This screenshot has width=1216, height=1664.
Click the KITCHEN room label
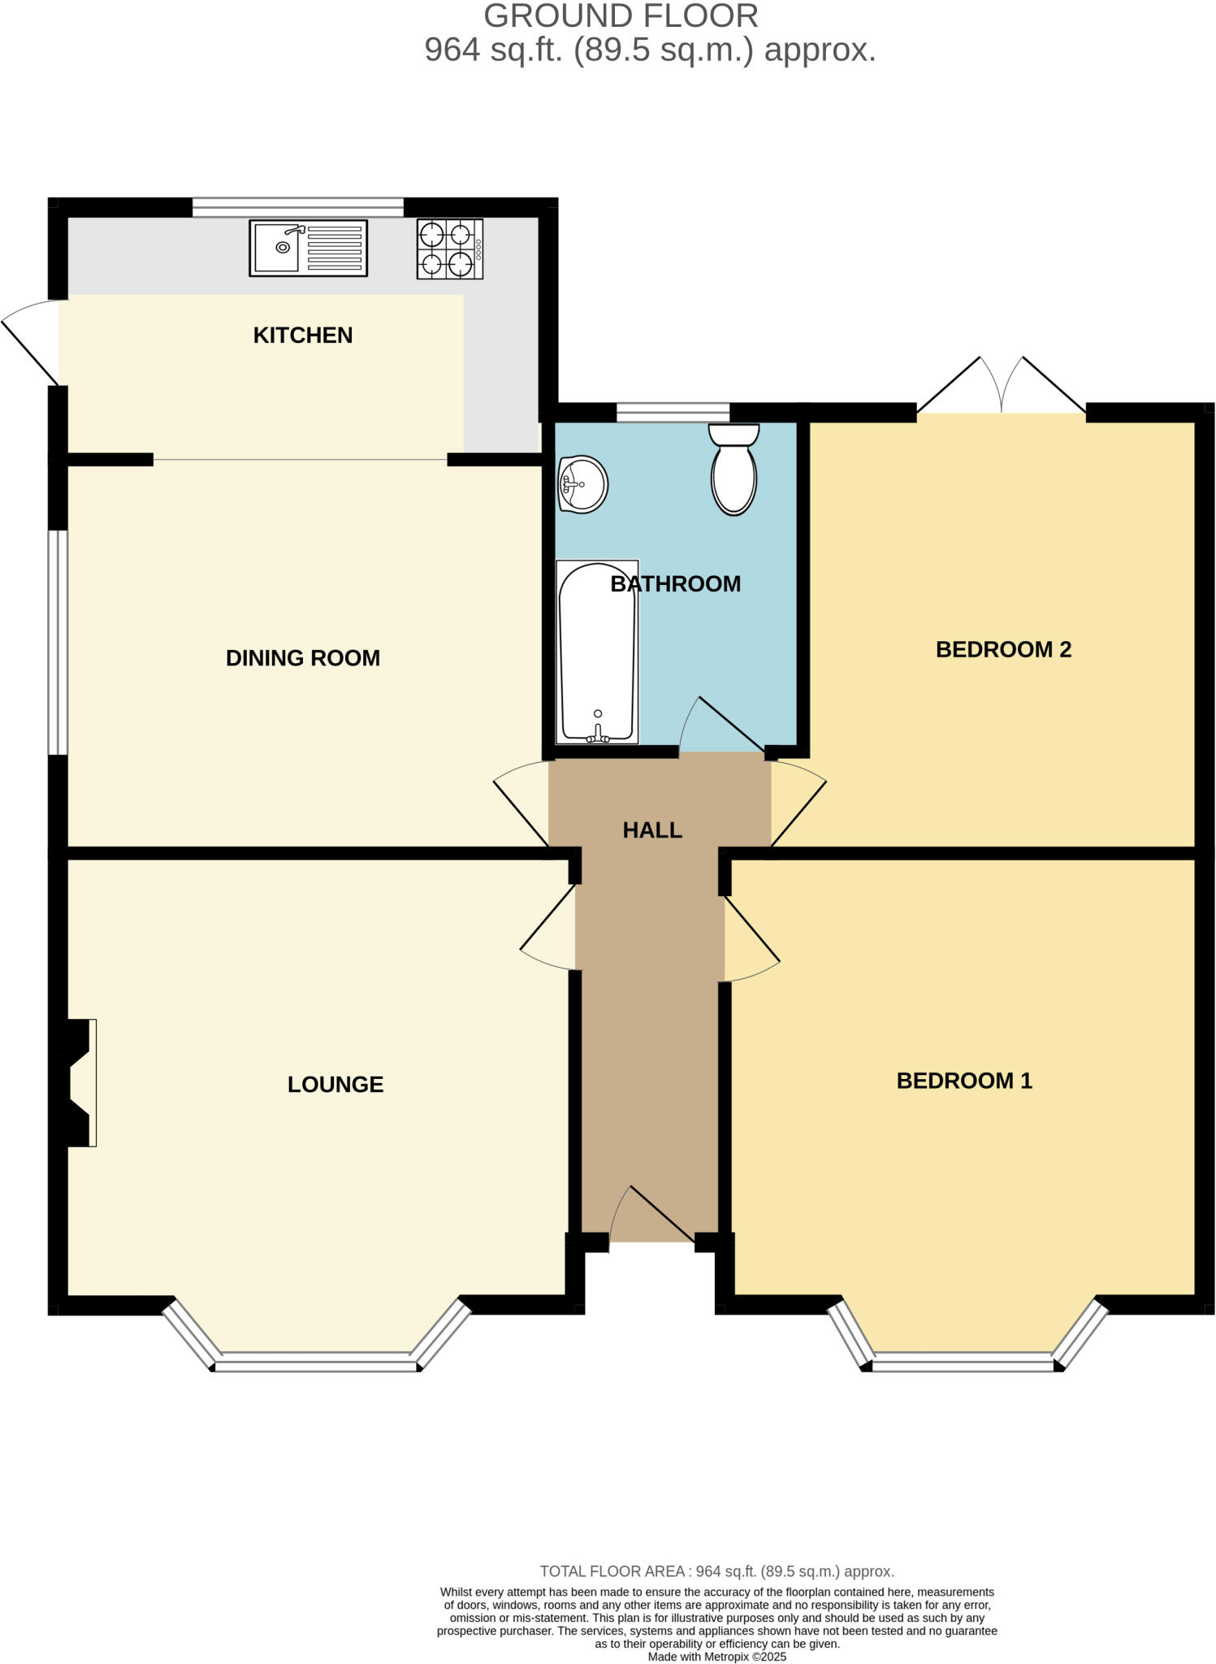(x=302, y=335)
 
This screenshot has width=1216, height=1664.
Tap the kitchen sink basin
(x=278, y=247)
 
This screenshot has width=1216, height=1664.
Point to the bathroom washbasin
(x=583, y=484)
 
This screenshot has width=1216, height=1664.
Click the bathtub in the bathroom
(x=597, y=652)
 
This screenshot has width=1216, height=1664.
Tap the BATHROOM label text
(x=676, y=583)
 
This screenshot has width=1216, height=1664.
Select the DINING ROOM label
(x=302, y=657)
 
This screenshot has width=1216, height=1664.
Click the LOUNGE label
(x=335, y=1084)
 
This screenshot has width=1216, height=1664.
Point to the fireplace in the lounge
(x=80, y=1082)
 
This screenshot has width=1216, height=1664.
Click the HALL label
(x=651, y=830)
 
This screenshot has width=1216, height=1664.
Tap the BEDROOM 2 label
(x=1003, y=649)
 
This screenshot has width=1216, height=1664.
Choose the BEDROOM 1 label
(x=963, y=1080)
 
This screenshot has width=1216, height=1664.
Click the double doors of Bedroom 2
(x=1002, y=388)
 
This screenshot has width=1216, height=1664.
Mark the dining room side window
(x=57, y=642)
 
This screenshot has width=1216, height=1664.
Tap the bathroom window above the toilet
(x=673, y=413)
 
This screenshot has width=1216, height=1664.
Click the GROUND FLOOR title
(x=621, y=16)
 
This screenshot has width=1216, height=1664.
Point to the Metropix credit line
(x=716, y=1657)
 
